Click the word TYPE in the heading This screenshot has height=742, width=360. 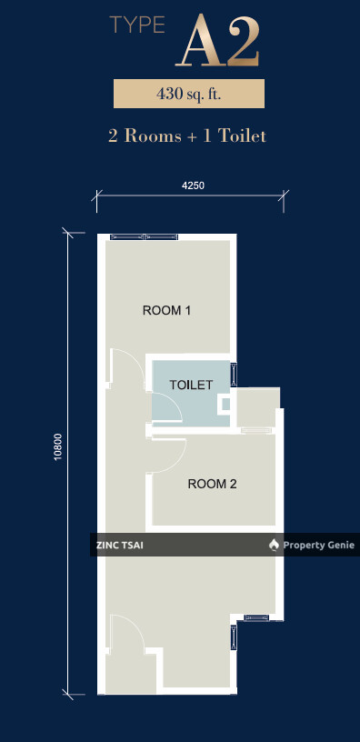pos(137,25)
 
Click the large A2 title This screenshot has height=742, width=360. pos(217,41)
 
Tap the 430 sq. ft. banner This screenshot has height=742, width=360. pos(189,94)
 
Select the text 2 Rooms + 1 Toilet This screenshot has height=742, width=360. pos(187,136)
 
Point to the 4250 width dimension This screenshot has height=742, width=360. pos(193,185)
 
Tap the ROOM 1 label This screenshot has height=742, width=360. pos(166,310)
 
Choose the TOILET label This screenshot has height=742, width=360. pos(191,385)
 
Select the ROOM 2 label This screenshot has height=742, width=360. pos(213,484)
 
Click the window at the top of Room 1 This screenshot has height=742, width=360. pos(145,236)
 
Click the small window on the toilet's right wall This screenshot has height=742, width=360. pos(234,375)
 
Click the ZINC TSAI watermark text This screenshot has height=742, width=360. pos(120,546)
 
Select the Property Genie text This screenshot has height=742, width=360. pos(318,546)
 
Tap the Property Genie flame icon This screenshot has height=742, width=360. pos(274,546)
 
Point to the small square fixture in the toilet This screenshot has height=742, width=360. pos(225,405)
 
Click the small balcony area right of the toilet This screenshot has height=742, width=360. pos(258,407)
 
